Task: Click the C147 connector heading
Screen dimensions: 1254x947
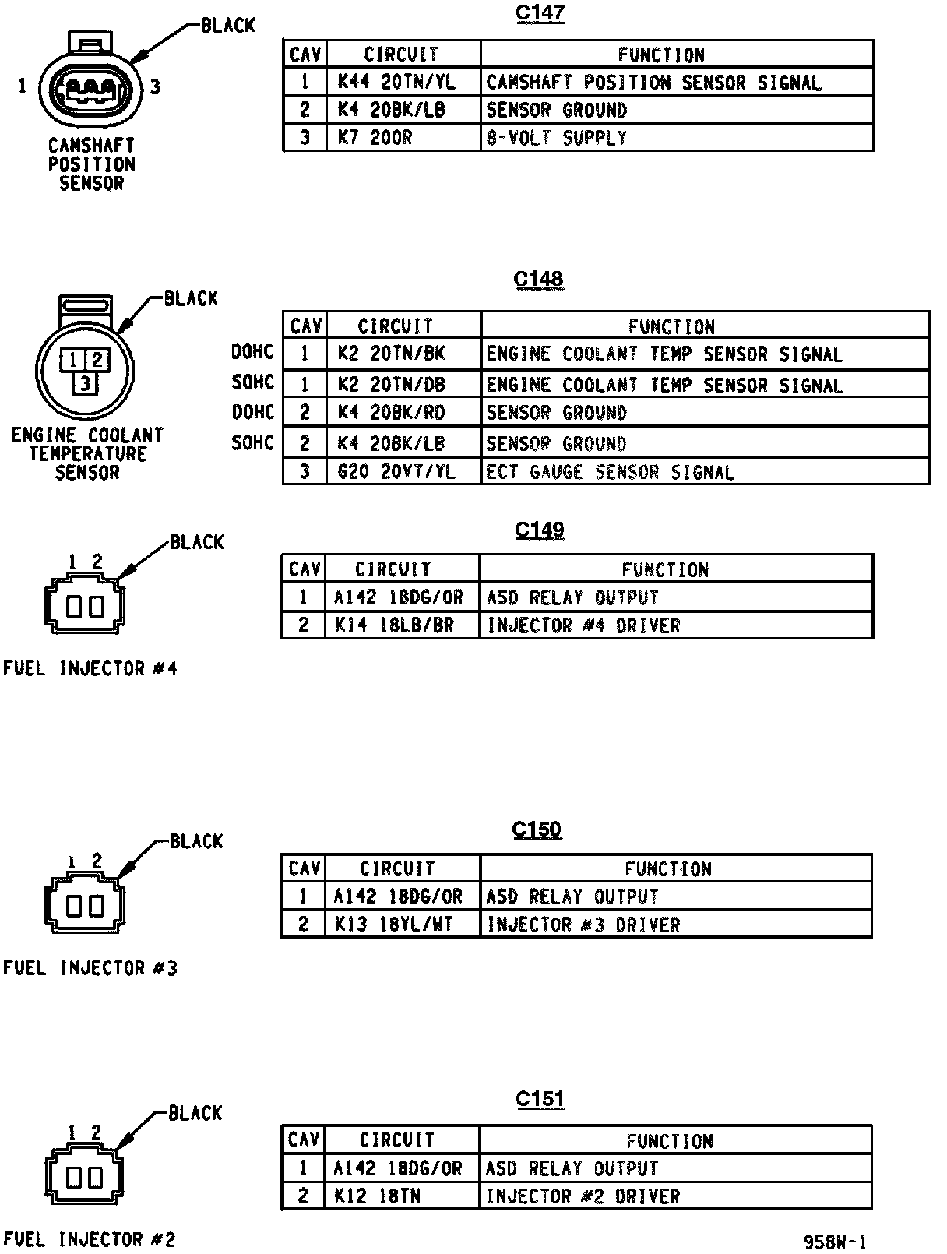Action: tap(540, 14)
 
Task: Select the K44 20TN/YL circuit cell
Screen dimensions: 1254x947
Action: tap(396, 82)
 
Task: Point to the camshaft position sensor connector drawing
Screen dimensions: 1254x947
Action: tap(90, 85)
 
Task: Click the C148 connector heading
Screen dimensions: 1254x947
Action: tap(538, 280)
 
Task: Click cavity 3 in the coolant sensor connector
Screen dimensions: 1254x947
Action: tap(85, 382)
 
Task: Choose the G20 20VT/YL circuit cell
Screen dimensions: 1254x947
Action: tap(396, 472)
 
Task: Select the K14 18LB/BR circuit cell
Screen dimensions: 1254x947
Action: tap(394, 625)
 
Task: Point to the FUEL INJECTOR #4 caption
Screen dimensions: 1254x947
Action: tap(90, 669)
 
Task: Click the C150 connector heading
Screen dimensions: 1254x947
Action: tap(537, 830)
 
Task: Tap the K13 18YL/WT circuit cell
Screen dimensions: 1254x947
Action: tap(394, 925)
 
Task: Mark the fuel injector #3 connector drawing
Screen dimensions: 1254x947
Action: tap(84, 904)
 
